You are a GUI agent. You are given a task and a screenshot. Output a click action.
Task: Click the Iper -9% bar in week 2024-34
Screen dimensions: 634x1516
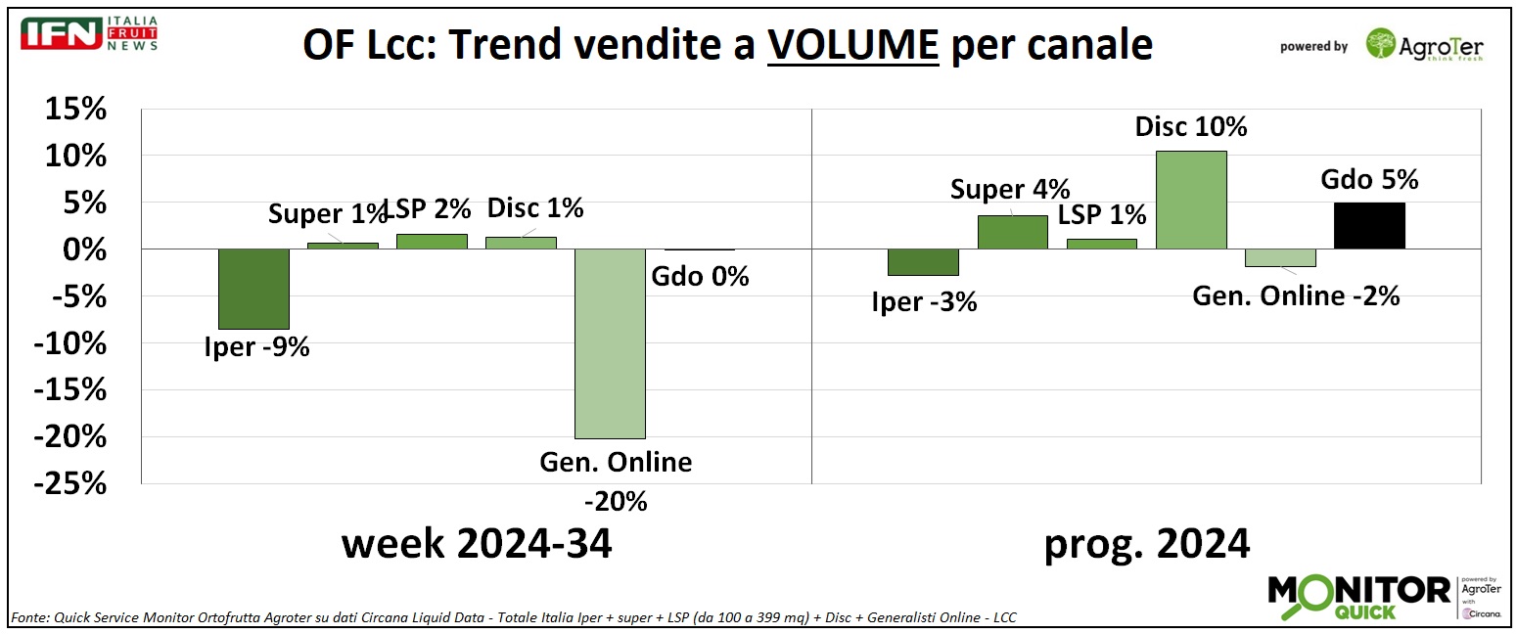click(253, 289)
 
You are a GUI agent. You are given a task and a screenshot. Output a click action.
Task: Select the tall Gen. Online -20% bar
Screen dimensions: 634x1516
click(609, 343)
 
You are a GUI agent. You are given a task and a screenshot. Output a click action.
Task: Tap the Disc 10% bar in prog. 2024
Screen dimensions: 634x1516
click(1190, 200)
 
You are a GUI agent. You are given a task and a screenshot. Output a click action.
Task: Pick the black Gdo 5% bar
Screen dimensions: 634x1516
click(1369, 225)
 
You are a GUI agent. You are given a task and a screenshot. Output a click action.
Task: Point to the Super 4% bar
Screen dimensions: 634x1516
click(1012, 232)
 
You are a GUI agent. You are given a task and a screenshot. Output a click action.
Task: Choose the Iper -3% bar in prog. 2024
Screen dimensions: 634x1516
click(923, 262)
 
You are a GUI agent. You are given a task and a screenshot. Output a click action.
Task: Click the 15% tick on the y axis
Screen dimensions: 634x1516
click(74, 110)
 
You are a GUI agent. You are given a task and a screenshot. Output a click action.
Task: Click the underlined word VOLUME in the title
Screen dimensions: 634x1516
click(852, 45)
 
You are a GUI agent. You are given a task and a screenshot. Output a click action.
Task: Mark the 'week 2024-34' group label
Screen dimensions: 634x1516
click(477, 544)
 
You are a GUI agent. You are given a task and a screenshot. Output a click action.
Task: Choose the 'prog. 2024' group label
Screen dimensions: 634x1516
click(1146, 544)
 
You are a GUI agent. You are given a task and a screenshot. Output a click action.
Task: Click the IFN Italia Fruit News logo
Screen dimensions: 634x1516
click(90, 33)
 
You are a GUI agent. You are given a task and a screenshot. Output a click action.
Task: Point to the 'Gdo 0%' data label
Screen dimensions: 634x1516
click(700, 277)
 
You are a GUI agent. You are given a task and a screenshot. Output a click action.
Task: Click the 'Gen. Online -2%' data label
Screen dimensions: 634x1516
click(1295, 295)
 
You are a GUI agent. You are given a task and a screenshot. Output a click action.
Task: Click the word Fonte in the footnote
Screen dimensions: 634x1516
click(30, 617)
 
